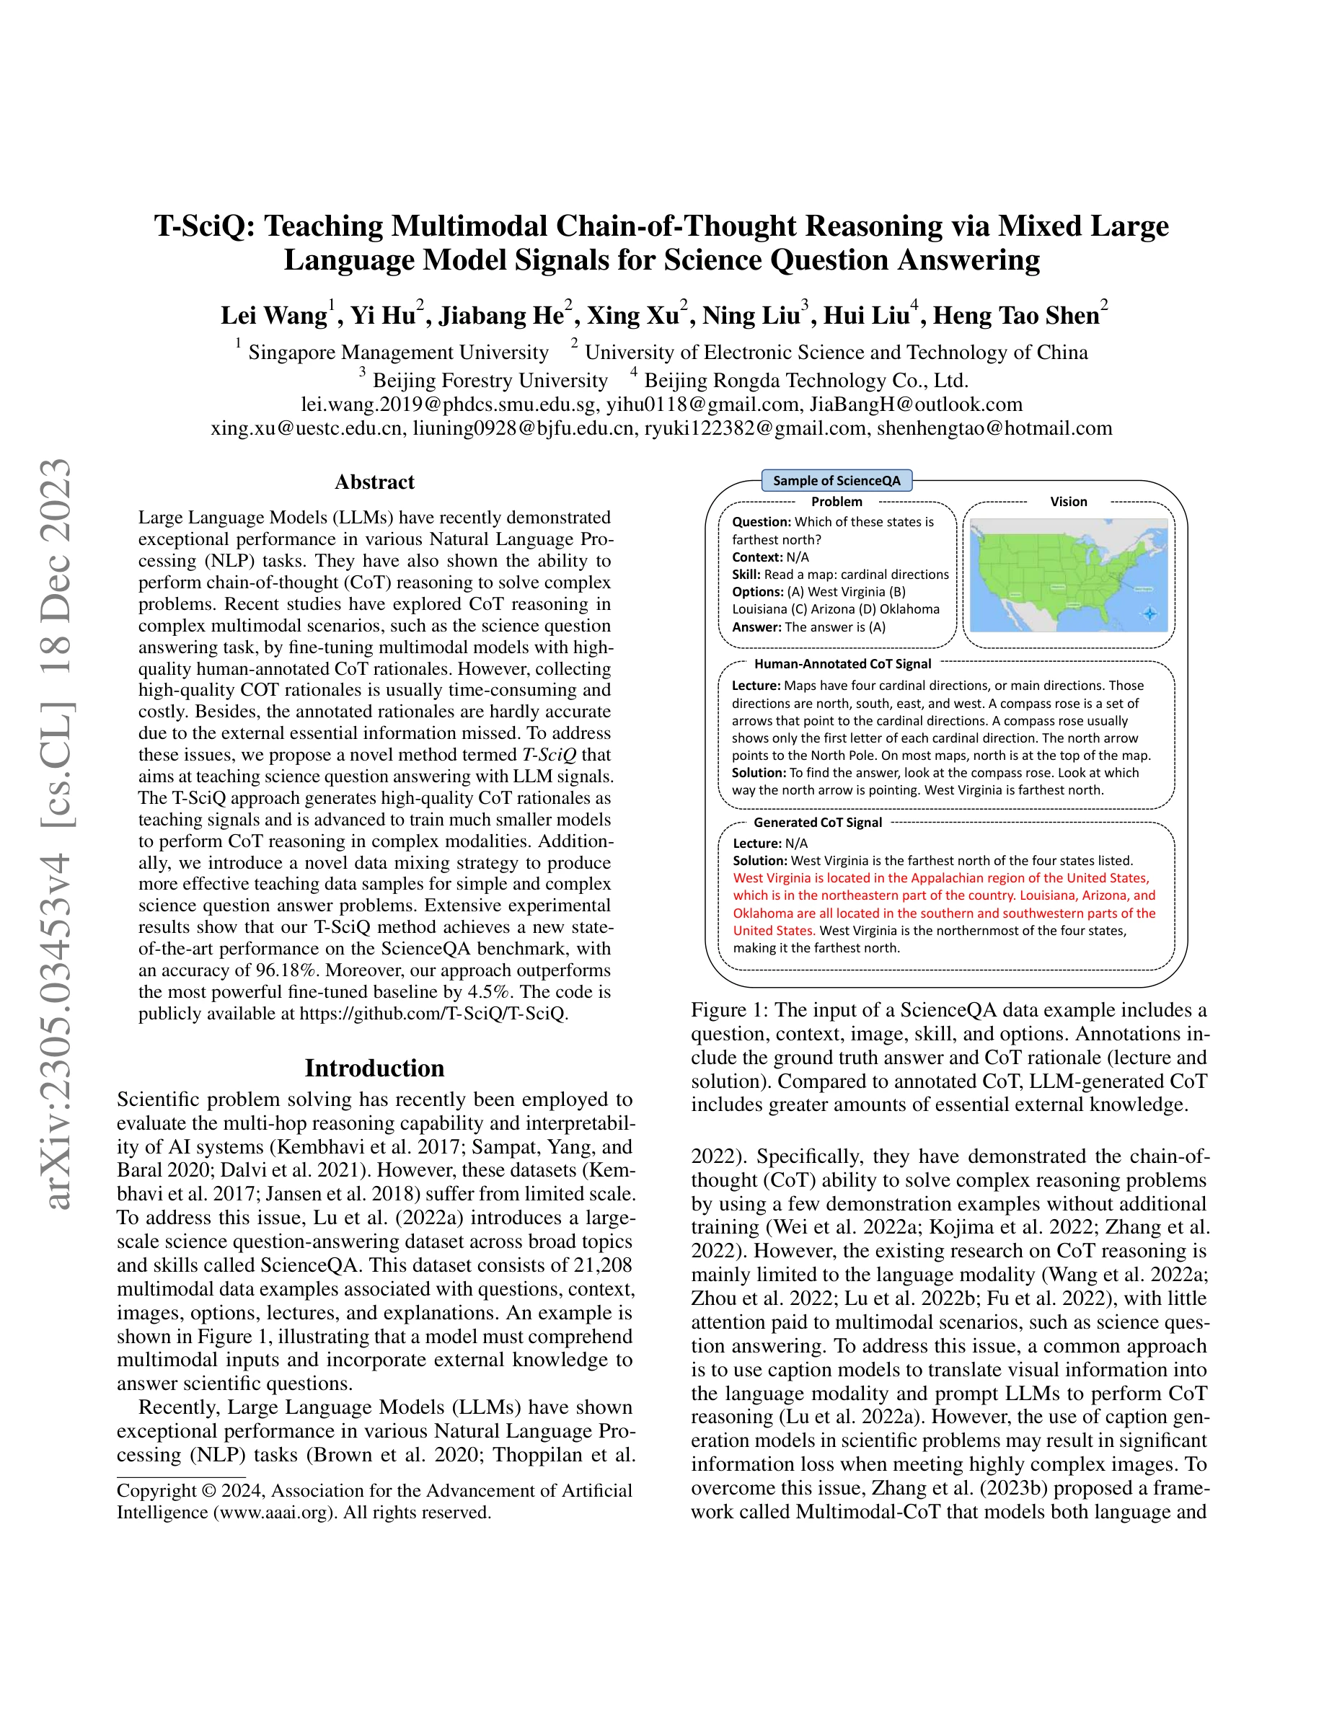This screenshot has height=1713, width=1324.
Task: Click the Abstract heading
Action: (374, 482)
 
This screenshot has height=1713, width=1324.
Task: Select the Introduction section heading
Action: (374, 1068)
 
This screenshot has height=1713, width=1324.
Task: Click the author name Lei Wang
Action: (274, 315)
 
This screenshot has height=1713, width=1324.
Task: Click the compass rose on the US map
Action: (1150, 614)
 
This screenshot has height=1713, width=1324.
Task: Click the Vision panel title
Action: (1068, 501)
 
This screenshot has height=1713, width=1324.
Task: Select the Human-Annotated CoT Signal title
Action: (842, 663)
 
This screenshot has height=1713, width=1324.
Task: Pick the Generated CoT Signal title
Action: (817, 822)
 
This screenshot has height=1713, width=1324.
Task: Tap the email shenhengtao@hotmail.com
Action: (994, 428)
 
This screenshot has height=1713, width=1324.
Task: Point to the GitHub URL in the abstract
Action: (432, 1014)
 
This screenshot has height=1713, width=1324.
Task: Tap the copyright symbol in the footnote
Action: (208, 1490)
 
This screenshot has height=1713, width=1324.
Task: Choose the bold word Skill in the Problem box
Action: (746, 574)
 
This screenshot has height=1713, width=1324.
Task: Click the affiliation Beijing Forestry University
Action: (490, 381)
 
